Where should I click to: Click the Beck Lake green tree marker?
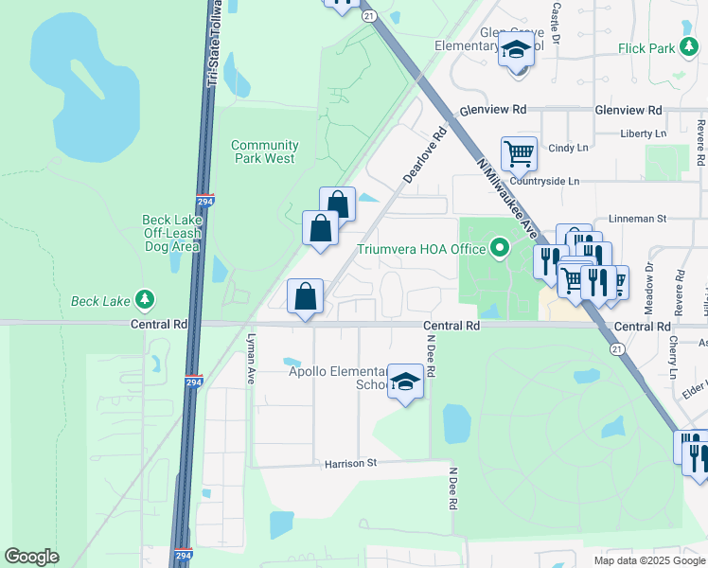click(x=145, y=301)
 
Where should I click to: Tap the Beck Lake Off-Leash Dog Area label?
click(x=171, y=233)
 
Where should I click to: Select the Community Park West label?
click(x=265, y=151)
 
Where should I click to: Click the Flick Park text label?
click(x=645, y=48)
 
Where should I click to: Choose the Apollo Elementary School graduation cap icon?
click(x=406, y=382)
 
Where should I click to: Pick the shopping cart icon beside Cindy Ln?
click(x=519, y=152)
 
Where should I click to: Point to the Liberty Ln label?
click(x=644, y=134)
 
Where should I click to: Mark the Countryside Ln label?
click(x=544, y=181)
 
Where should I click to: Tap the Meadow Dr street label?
click(x=649, y=280)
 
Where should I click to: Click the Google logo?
click(x=31, y=557)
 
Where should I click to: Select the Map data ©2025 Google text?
click(x=648, y=559)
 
